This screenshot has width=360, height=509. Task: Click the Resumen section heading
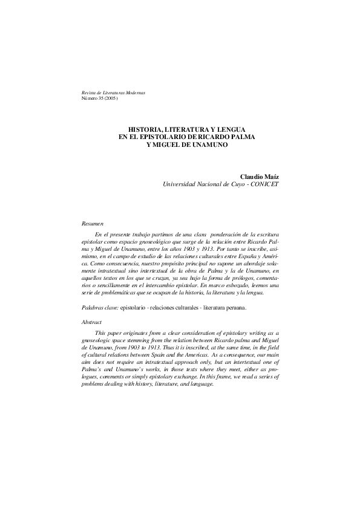click(x=93, y=223)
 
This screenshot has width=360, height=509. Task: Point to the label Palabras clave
click(x=100, y=308)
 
